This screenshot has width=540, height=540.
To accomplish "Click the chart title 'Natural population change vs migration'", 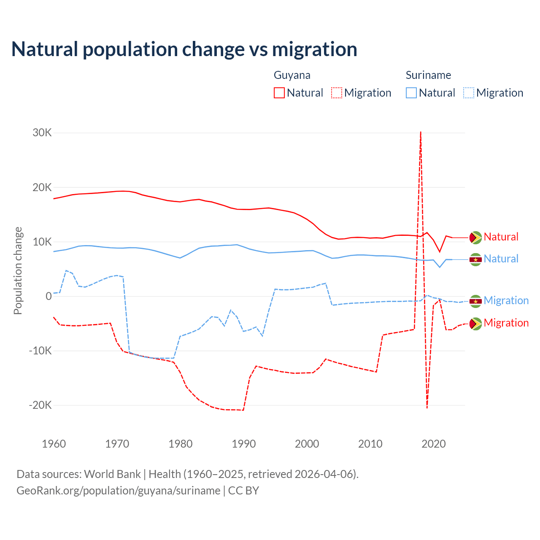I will click(184, 49).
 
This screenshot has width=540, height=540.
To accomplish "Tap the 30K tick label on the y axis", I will click(42, 133).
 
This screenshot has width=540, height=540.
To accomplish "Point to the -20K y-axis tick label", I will click(40, 405).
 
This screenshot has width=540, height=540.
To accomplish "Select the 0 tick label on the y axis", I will click(49, 297).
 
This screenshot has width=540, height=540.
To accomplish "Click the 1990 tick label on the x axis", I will click(244, 444).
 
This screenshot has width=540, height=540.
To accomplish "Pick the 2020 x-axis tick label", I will click(434, 444).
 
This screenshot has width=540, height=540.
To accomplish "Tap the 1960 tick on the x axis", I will click(54, 444).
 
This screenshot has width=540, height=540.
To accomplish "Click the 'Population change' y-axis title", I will click(18, 271).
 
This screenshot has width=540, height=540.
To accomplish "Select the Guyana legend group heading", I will click(292, 75).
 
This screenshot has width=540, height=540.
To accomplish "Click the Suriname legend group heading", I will click(428, 75).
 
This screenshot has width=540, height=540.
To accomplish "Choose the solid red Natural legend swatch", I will click(279, 93).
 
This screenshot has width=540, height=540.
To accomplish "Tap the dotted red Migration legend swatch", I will click(337, 93).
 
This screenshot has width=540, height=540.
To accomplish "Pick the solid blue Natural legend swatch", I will click(411, 93).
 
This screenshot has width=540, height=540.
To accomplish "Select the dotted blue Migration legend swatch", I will click(469, 93).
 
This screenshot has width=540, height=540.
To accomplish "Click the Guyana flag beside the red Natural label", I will click(475, 238).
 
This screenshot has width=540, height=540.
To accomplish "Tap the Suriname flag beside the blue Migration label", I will click(475, 301).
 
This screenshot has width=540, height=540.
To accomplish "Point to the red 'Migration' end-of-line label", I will click(506, 323).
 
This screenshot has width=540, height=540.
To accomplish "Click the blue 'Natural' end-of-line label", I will click(501, 259).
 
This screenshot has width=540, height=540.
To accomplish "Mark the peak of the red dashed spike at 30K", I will click(421, 132).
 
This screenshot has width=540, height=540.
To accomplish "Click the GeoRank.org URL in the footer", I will click(119, 491).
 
